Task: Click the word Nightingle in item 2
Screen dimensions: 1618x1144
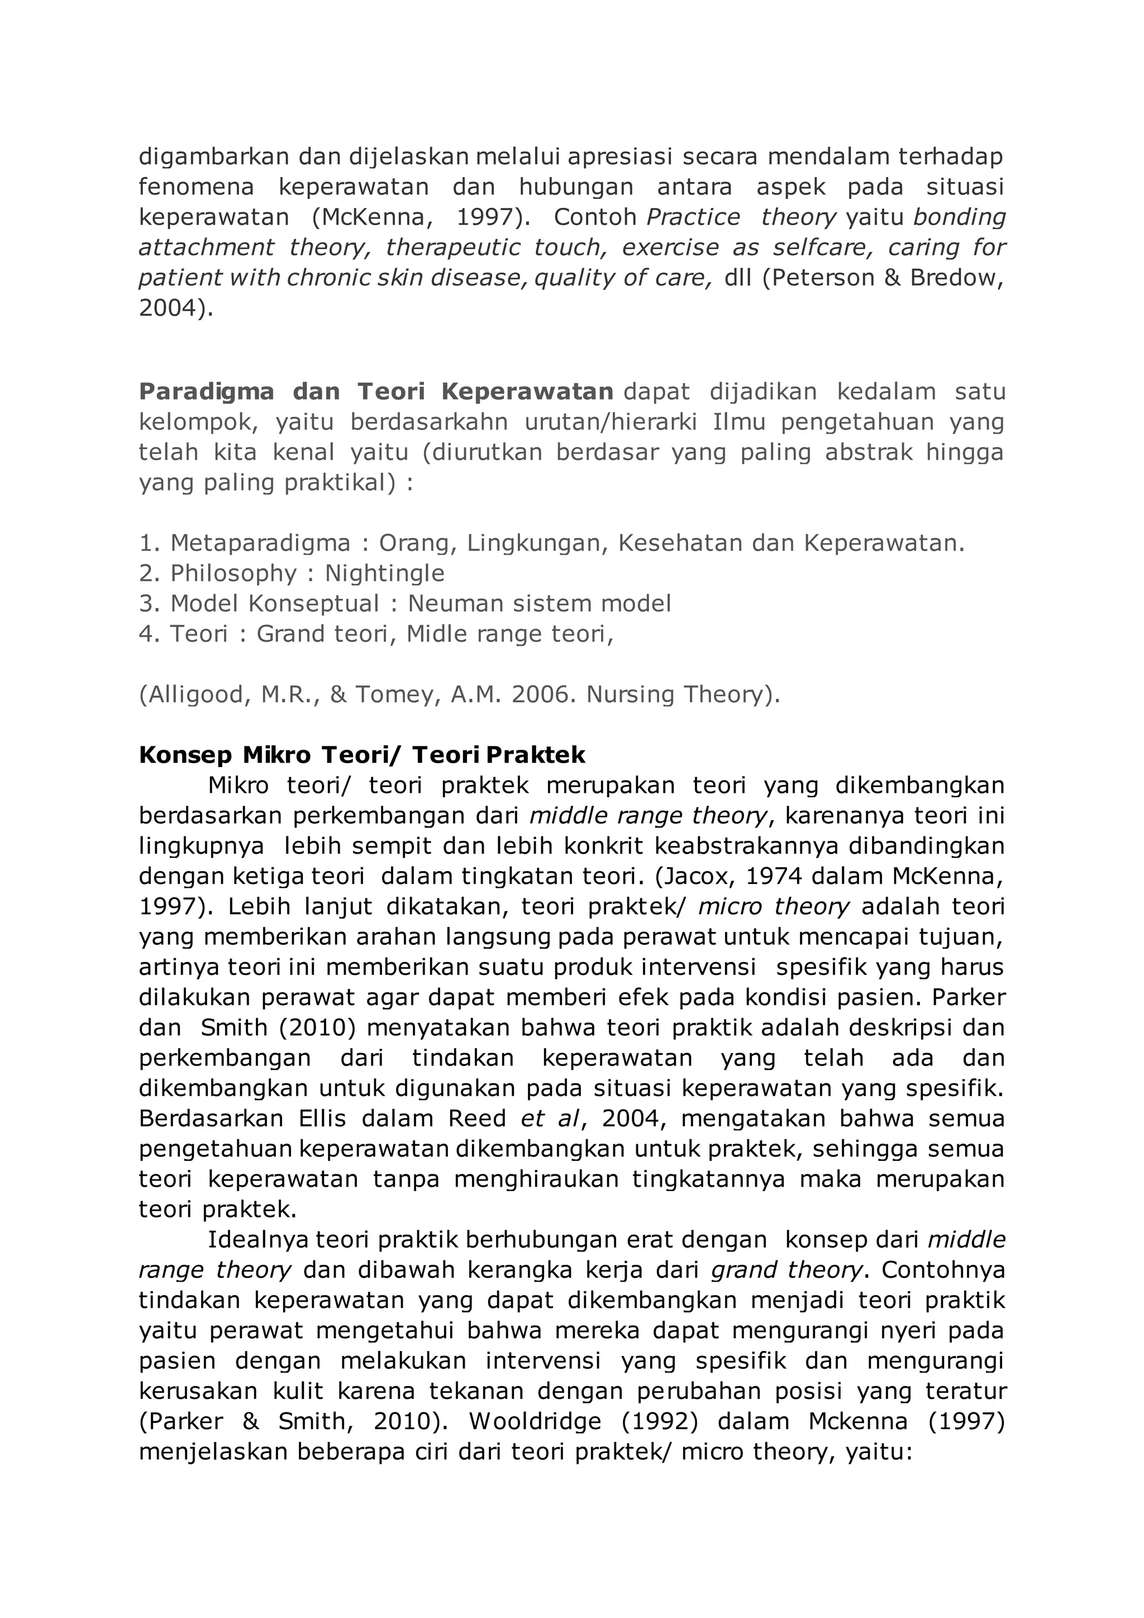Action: click(x=385, y=574)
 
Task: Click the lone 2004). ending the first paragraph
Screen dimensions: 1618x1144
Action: click(x=175, y=308)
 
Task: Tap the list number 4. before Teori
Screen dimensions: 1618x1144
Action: click(x=149, y=634)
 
